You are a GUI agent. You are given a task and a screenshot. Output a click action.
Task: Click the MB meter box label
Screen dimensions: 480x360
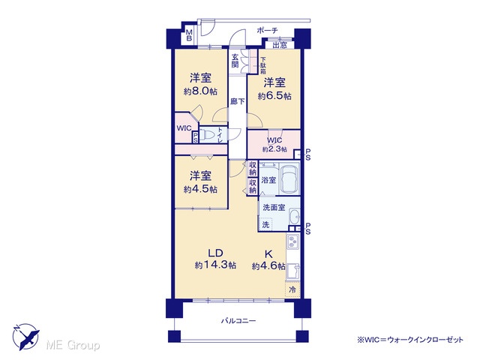189,35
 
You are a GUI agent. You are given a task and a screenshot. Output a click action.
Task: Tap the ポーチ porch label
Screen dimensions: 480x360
267,30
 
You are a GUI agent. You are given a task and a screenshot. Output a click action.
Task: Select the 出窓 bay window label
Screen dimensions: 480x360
280,45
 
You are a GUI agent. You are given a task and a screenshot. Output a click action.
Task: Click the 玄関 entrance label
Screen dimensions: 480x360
235,61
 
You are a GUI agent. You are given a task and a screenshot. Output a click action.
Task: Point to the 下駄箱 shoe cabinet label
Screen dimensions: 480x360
263,66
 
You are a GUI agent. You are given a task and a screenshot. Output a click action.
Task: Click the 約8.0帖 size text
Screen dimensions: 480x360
200,91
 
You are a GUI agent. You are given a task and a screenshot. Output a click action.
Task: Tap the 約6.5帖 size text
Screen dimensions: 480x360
274,96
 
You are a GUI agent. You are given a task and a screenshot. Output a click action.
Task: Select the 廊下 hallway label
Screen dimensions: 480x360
237,101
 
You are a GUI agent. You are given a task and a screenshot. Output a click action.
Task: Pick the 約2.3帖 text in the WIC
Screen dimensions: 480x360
274,149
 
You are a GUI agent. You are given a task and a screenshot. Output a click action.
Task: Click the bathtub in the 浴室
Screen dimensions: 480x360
289,178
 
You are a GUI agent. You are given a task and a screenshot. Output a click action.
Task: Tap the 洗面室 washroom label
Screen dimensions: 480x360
274,208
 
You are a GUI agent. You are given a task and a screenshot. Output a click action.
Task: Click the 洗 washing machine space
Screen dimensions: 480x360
265,223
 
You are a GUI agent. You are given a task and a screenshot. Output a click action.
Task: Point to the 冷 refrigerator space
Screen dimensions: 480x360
292,289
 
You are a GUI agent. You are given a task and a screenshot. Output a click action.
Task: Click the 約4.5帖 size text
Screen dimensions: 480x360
200,189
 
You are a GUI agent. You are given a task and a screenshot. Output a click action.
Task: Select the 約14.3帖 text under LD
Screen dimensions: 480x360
215,265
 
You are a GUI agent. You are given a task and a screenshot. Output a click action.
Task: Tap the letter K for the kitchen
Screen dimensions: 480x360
268,254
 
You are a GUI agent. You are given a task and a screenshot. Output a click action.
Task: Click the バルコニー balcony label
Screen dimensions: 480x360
238,321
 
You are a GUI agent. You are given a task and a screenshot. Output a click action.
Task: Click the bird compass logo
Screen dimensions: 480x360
25,337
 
